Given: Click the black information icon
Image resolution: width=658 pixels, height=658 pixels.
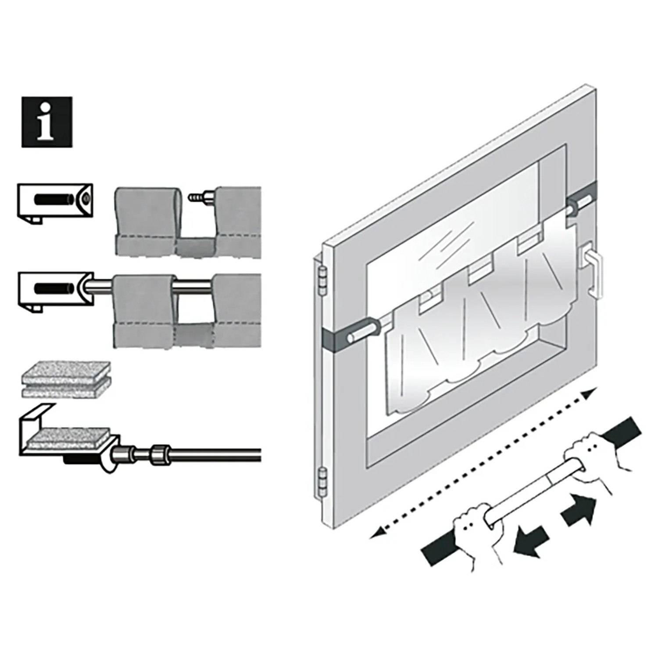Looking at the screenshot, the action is tap(47, 122).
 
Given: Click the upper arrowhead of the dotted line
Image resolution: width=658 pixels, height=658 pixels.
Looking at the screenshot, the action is tap(590, 392).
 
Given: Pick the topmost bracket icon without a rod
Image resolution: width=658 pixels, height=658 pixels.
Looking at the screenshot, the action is tap(55, 203).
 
